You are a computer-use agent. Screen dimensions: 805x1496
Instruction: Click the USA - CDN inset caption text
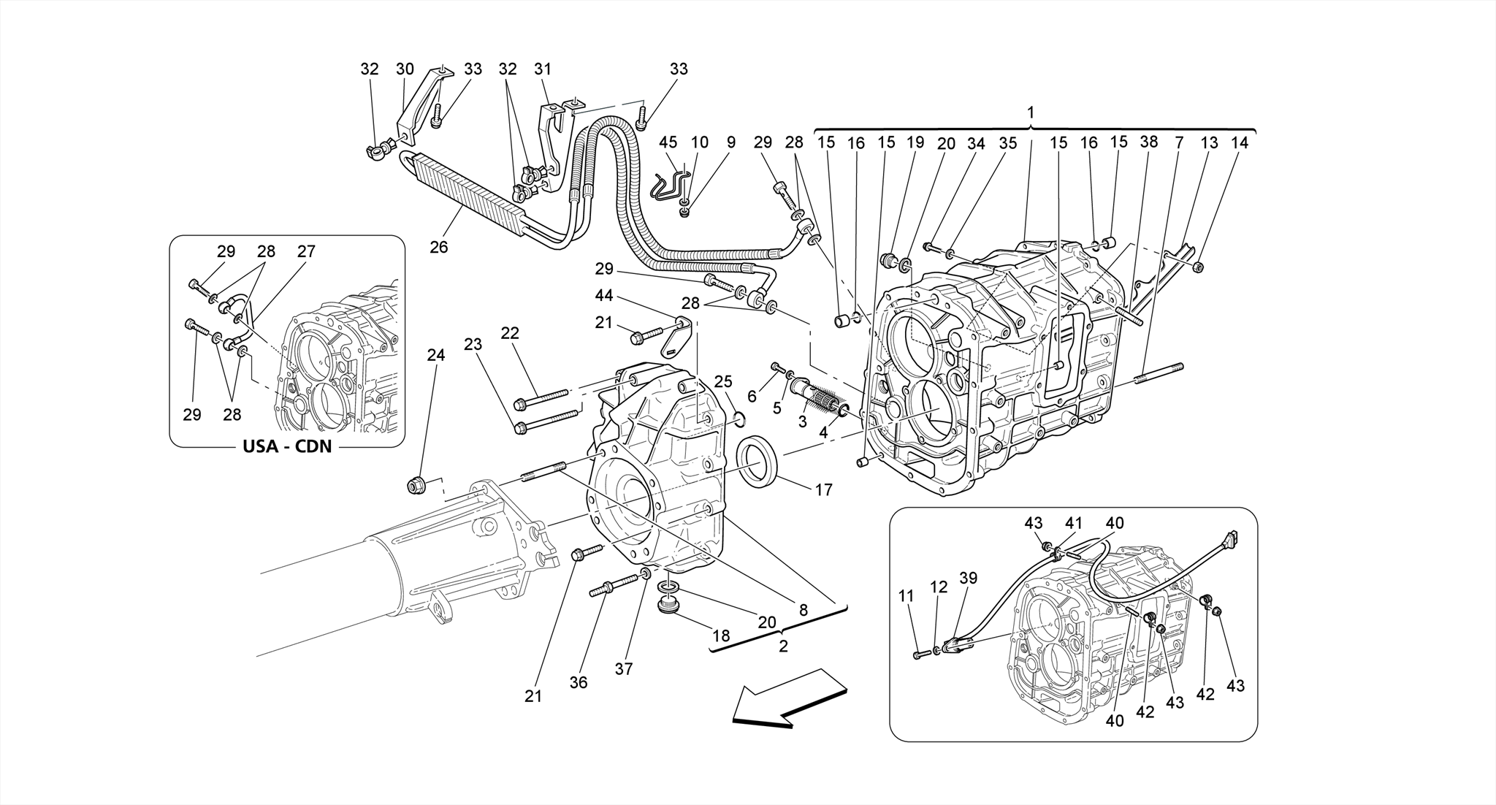(287, 446)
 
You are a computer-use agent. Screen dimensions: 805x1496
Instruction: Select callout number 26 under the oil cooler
(438, 248)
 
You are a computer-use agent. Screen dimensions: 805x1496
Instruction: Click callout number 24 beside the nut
(435, 356)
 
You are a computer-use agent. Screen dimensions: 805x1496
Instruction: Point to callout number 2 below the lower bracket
(783, 646)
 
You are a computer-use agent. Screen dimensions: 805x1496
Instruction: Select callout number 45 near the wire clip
(668, 142)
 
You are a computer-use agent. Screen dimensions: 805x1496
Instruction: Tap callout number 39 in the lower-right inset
(968, 598)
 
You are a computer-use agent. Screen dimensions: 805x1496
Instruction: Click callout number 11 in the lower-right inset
(906, 597)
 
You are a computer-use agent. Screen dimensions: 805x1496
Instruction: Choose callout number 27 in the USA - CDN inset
(306, 251)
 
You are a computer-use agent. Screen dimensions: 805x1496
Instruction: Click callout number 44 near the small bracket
(604, 296)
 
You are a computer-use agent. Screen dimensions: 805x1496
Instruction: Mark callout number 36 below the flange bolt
(578, 682)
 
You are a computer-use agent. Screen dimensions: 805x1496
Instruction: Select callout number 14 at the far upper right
(1240, 142)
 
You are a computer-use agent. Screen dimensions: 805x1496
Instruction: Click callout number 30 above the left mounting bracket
(404, 69)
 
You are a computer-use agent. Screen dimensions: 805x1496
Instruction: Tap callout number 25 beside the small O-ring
(722, 381)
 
